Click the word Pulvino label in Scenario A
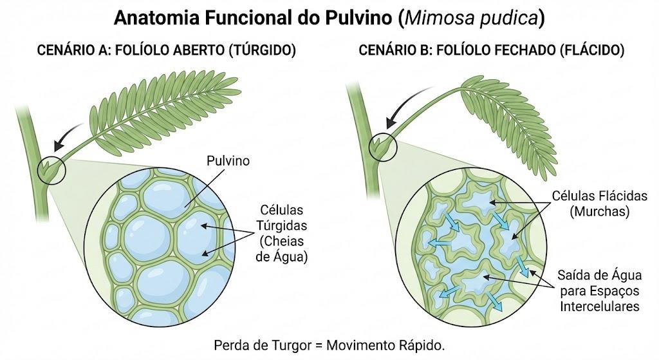coord(228,160)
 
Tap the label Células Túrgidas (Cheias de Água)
coord(282,233)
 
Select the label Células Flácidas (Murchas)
coord(599,204)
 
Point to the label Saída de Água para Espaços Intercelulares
coord(600,290)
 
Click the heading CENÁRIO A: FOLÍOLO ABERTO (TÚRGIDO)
coord(167,50)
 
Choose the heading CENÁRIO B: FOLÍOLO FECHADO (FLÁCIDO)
coord(491,50)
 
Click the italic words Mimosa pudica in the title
coord(470,19)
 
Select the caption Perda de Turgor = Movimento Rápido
coord(329,345)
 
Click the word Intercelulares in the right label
coord(600,306)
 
